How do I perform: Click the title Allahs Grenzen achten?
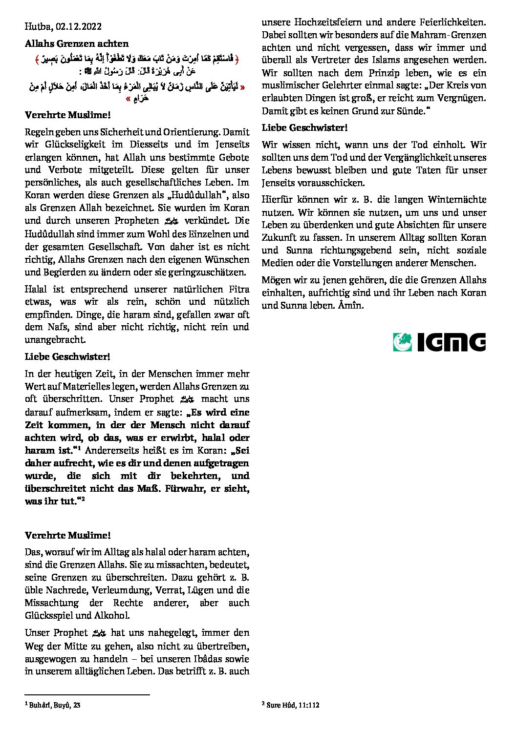pos(77,43)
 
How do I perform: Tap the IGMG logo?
pos(439,342)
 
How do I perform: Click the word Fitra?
pos(236,289)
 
